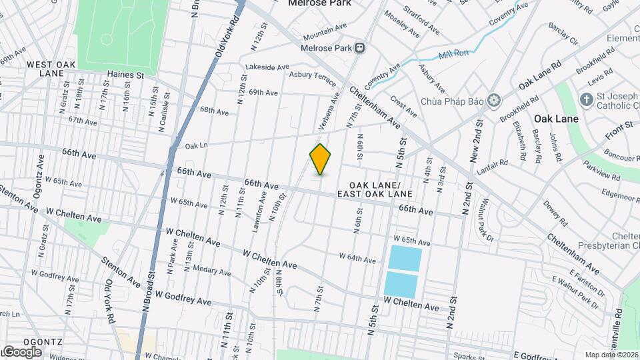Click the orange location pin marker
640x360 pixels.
pos(321,159)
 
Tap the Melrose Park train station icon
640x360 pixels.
pos(360,47)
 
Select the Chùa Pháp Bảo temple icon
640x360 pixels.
pos(494,101)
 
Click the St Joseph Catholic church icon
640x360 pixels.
pos(586,101)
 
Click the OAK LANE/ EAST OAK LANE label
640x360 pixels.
pos(375,189)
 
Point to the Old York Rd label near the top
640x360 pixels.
pos(227,39)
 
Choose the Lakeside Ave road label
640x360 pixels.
pos(267,67)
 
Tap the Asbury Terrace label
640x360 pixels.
pos(313,77)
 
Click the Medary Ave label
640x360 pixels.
pos(211,271)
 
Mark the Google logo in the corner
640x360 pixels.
pos(21,351)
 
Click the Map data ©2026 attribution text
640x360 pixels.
pos(611,355)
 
